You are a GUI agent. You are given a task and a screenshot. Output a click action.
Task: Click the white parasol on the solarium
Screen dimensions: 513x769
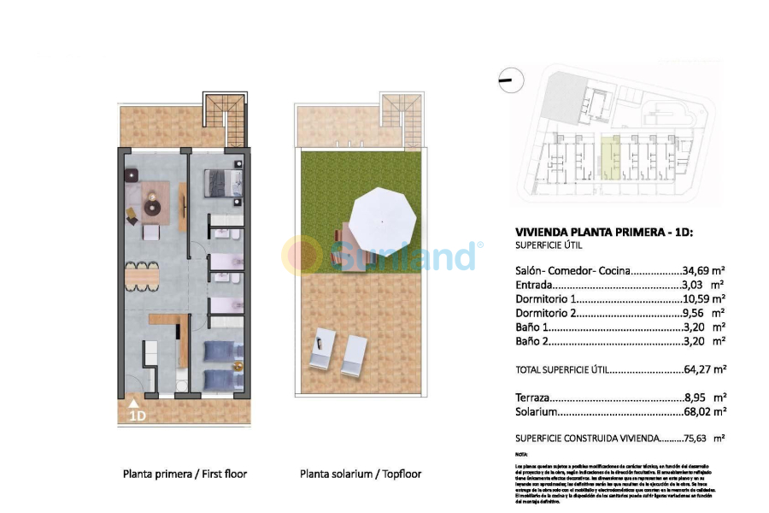(384, 217)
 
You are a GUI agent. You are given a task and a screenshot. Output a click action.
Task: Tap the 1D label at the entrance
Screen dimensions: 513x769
(137, 416)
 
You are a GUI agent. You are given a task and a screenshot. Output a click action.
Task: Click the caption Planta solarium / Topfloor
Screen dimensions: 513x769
(361, 473)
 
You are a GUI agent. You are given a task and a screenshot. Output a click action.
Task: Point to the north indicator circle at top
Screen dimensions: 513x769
(507, 81)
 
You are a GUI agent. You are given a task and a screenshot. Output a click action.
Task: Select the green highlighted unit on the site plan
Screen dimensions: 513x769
(608, 158)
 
